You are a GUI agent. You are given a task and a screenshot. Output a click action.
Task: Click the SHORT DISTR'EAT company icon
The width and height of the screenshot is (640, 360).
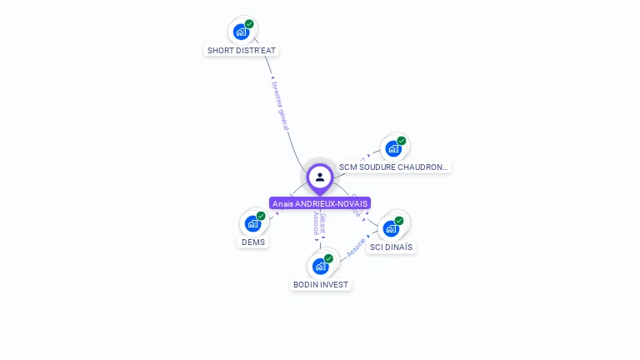point(241,32)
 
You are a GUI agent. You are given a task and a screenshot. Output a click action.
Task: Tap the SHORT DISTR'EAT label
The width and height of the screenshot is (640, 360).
point(242,50)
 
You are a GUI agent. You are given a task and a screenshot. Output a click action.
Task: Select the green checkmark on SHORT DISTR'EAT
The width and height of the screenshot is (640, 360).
point(249,24)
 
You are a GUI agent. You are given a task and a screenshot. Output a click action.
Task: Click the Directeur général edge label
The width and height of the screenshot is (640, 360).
point(280,105)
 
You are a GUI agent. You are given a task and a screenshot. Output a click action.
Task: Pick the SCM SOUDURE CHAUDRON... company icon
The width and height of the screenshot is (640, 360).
point(392,148)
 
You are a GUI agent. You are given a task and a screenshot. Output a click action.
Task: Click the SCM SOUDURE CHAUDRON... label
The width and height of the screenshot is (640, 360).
point(393,167)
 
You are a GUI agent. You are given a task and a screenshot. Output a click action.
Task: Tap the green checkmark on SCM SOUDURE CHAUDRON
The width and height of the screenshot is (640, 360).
point(401,141)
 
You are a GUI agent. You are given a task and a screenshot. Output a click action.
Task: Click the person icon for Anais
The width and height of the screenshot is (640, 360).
point(320,177)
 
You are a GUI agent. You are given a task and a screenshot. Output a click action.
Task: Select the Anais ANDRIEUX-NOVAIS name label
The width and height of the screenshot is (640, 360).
point(320,203)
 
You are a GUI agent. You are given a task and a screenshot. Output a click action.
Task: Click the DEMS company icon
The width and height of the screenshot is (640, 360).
point(252,223)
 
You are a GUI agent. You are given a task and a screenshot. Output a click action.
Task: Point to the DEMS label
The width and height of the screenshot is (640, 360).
point(253,242)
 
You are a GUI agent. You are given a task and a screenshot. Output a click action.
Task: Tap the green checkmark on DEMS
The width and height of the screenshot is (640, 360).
point(261,216)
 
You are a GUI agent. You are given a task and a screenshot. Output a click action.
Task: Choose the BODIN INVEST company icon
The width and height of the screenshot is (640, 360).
point(320,266)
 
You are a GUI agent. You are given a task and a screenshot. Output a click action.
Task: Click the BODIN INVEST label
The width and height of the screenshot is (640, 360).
point(321,285)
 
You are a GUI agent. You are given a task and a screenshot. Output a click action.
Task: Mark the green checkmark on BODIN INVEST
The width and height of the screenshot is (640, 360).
point(328,258)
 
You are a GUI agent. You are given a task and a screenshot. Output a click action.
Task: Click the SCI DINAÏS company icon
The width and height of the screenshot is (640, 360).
point(391,228)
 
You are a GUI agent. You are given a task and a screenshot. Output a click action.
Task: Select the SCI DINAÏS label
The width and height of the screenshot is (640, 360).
point(392,247)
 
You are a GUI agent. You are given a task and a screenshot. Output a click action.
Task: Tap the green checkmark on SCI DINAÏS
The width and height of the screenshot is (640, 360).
point(399,221)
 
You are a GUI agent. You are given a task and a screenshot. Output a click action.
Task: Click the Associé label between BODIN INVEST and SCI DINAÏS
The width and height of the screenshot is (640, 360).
point(356,247)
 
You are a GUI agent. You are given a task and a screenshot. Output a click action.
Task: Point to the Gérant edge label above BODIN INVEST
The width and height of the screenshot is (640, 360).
point(323,222)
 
